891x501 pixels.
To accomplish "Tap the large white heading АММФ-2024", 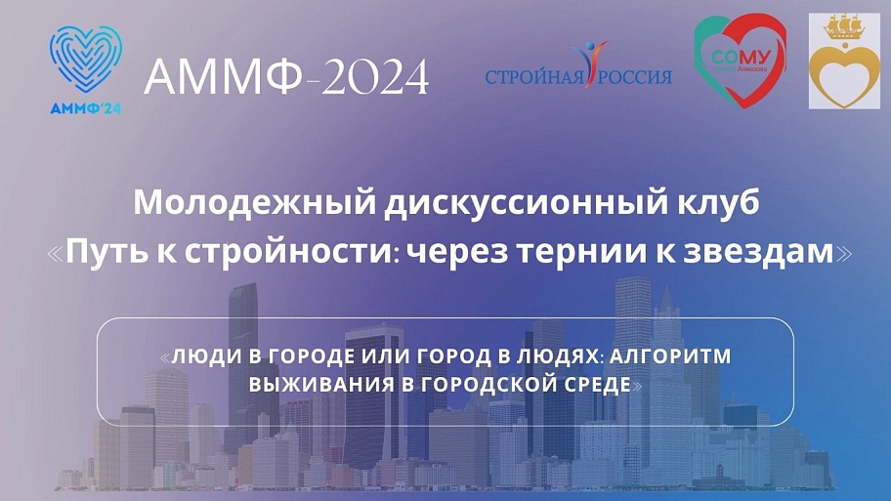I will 286,77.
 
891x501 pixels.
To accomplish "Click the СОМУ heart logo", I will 740,59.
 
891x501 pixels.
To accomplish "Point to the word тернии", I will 595,253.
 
